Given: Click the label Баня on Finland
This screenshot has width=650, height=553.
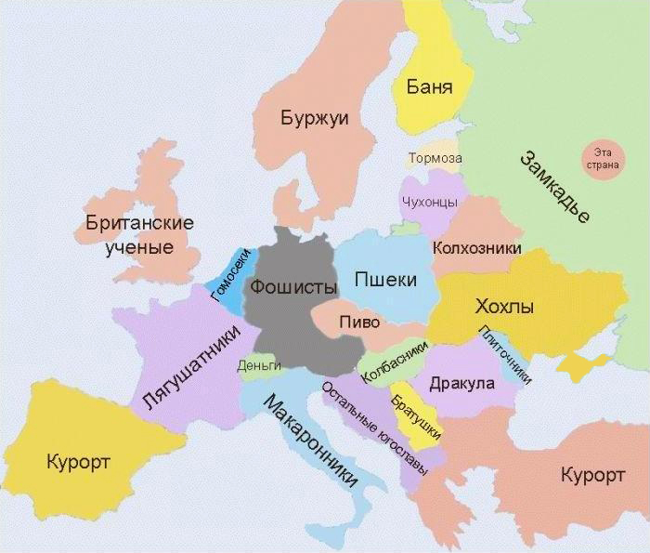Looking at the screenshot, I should pyautogui.click(x=429, y=88).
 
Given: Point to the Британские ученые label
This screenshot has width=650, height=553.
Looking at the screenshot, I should pyautogui.click(x=138, y=235).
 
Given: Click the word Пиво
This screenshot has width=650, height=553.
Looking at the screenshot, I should pyautogui.click(x=358, y=322).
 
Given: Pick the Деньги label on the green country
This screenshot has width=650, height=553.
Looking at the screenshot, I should pyautogui.click(x=259, y=366).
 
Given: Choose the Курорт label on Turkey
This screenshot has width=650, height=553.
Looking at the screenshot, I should pyautogui.click(x=592, y=476).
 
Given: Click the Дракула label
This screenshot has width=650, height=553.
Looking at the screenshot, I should pyautogui.click(x=457, y=384).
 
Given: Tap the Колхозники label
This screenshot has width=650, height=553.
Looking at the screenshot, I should pyautogui.click(x=476, y=248).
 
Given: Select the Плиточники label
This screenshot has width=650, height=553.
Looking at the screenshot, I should pyautogui.click(x=506, y=354).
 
